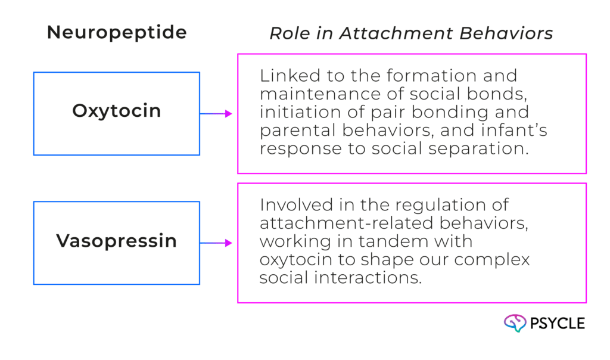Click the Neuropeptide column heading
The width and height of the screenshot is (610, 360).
pyautogui.click(x=117, y=33)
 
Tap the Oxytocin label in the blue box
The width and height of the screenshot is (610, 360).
pyautogui.click(x=117, y=111)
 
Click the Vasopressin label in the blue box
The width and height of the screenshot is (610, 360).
pyautogui.click(x=117, y=241)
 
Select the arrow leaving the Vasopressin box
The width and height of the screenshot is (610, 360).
pyautogui.click(x=217, y=243)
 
